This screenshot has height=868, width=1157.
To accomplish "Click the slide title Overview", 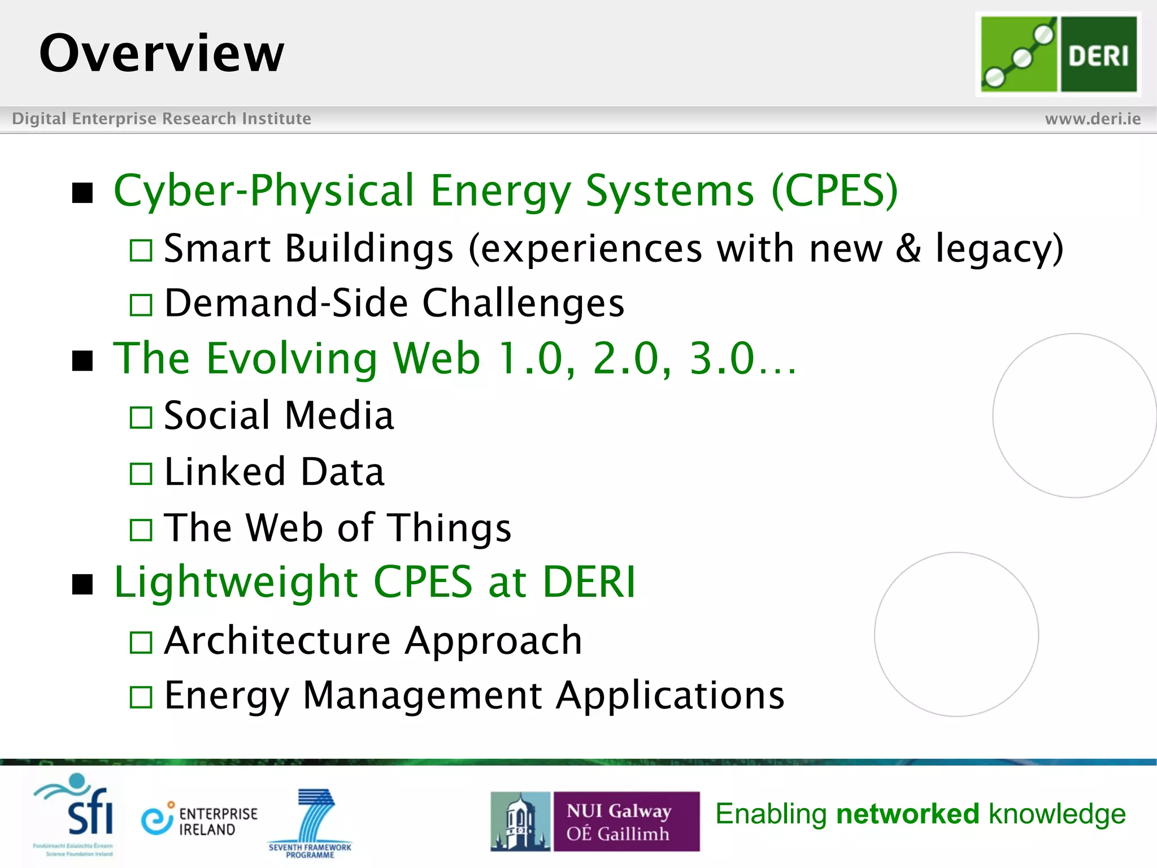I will tap(162, 53).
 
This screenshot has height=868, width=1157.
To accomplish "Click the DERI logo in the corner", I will tap(1058, 54).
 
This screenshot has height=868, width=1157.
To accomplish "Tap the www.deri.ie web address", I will tap(1093, 119).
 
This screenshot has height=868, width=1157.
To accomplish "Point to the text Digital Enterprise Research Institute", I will tap(162, 119).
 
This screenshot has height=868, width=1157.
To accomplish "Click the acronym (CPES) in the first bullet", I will tap(834, 191).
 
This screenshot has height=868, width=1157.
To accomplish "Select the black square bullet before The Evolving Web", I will tap(82, 360).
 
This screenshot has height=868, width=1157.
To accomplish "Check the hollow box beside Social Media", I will tap(141, 418).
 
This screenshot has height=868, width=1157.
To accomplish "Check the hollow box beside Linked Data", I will tap(141, 474).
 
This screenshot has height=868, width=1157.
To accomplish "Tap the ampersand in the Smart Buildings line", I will tap(908, 249).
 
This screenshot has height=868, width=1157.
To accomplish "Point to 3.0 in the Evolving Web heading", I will tap(722, 358).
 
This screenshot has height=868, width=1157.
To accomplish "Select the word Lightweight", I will tap(236, 582).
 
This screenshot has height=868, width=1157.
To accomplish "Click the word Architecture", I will tap(277, 641).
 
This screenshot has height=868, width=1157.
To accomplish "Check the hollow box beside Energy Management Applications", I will tap(141, 697).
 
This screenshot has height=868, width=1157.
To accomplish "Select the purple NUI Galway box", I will tap(626, 821).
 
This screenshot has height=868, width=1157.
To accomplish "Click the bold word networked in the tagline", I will tap(907, 814).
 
